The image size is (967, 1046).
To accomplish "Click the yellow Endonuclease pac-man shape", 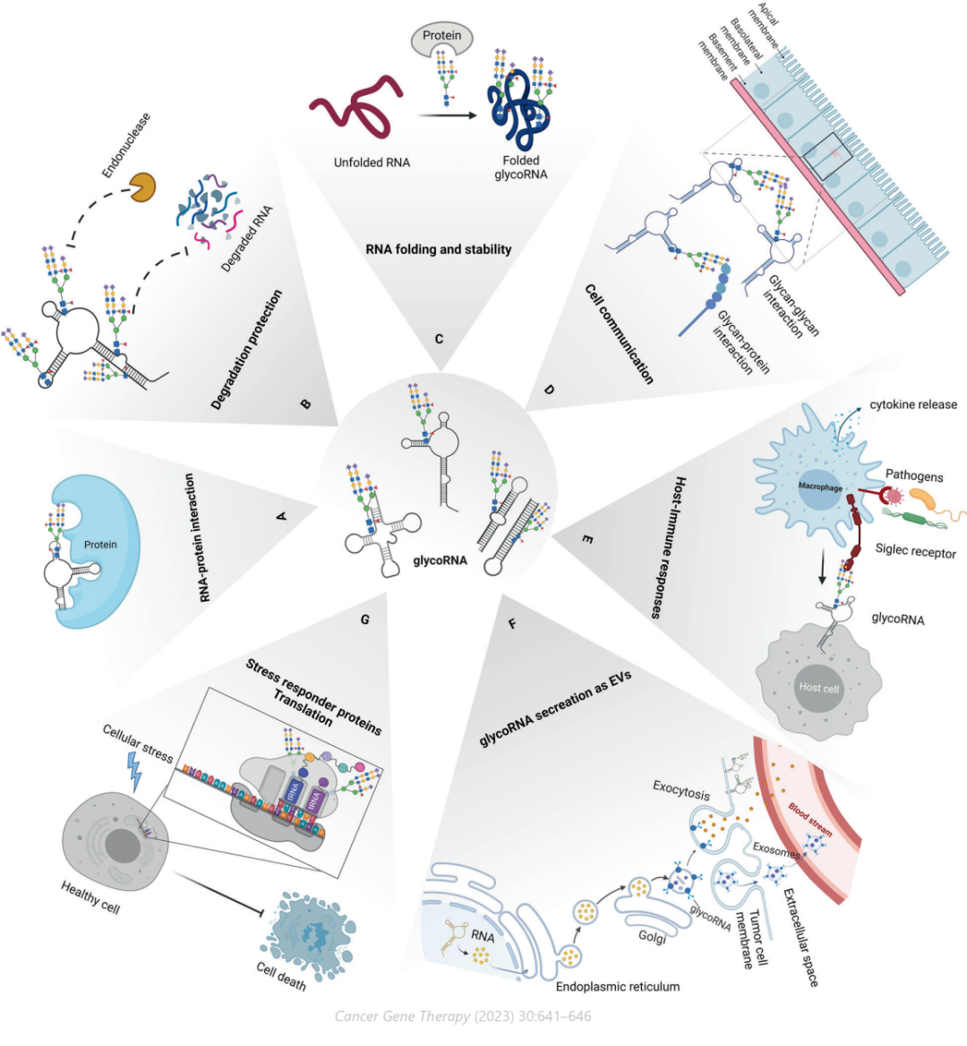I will coord(143,187).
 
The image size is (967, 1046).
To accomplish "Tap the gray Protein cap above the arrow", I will coord(442,39).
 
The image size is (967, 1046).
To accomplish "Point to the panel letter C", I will coord(439,339).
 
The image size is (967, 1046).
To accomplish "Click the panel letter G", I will coord(364,619).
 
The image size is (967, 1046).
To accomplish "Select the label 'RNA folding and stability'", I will coord(439,249).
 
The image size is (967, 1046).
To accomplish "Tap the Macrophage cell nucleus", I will coord(819,488).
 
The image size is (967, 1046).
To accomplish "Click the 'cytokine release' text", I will coord(913,405).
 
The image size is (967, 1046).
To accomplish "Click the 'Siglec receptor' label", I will coord(916,552).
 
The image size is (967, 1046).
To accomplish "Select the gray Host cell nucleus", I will coord(818,688).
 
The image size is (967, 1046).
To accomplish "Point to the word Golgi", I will coord(652,936).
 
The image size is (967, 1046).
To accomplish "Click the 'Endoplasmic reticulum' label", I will coord(618,986).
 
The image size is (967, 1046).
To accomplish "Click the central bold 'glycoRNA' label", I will coord(440,562).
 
